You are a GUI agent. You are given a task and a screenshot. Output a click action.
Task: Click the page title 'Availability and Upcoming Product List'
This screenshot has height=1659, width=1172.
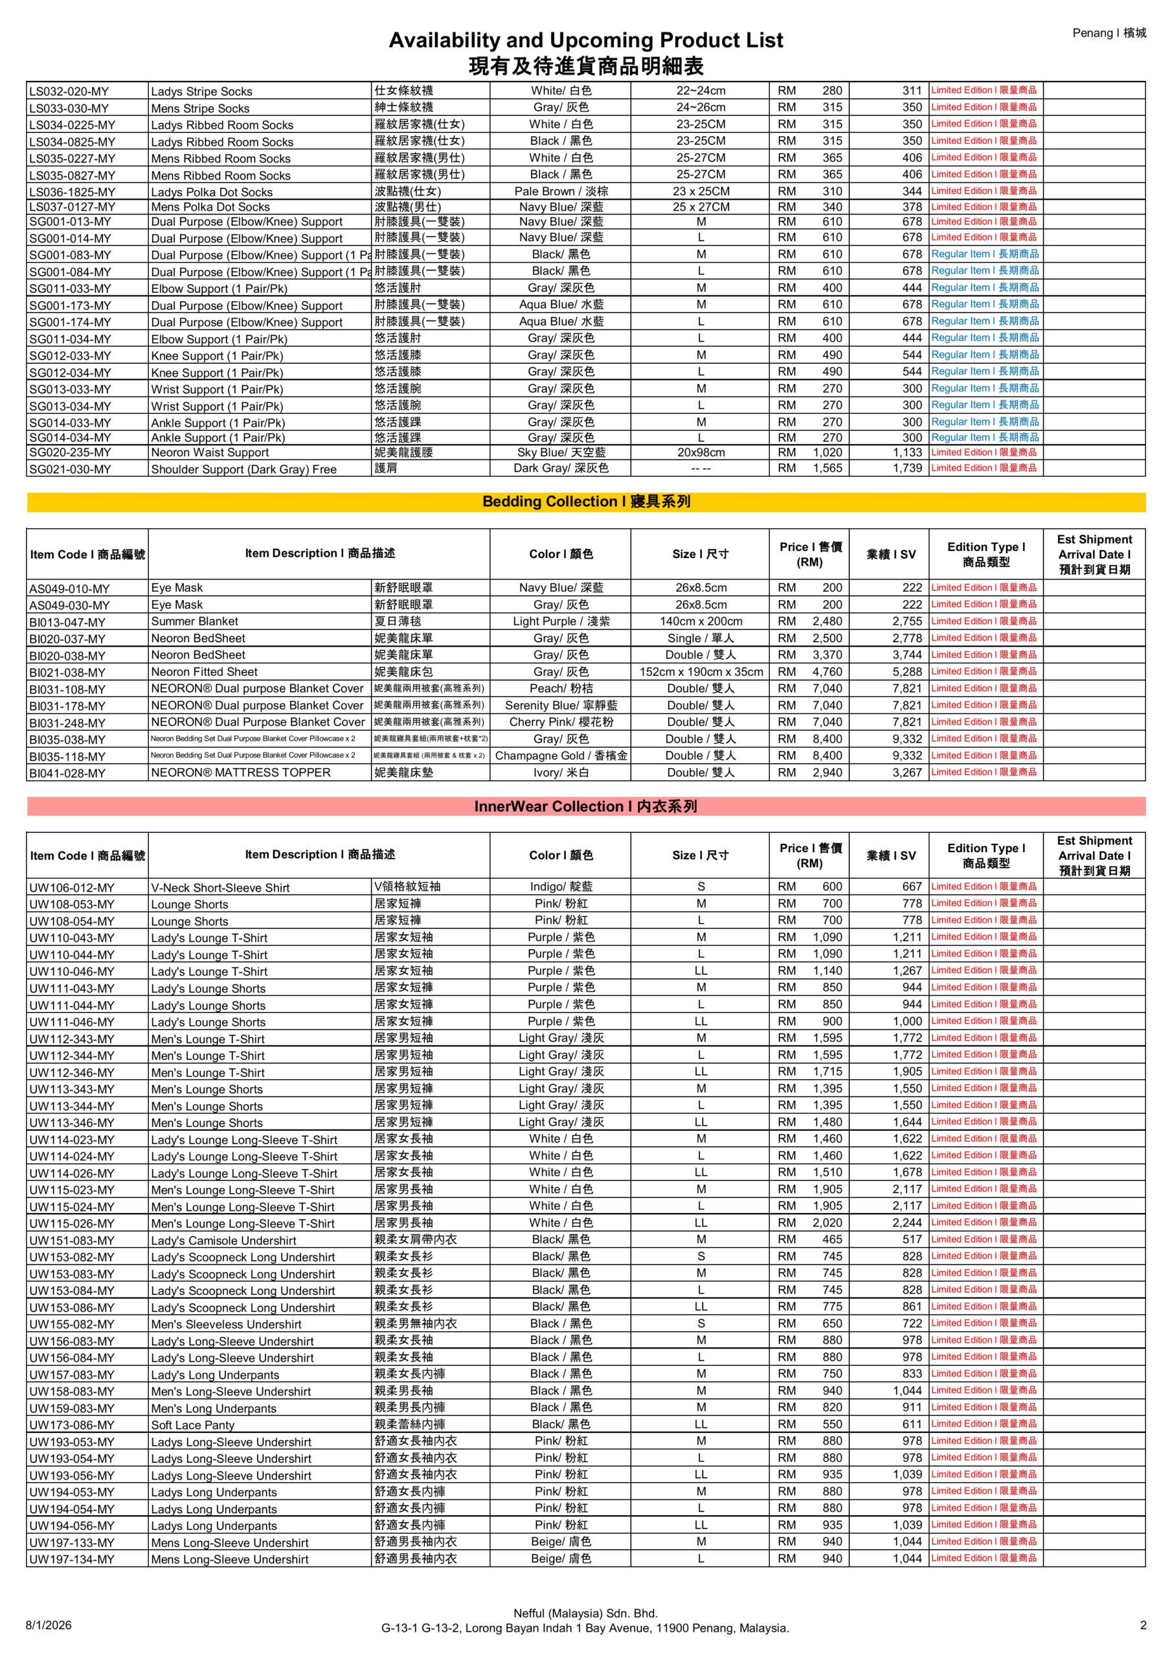[585, 40]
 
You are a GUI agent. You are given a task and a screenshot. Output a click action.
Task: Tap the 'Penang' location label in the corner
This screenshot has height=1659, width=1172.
[1109, 32]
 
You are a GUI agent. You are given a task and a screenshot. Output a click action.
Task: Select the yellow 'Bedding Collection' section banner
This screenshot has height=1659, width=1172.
[585, 502]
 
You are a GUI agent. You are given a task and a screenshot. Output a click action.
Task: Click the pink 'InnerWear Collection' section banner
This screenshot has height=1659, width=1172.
[585, 806]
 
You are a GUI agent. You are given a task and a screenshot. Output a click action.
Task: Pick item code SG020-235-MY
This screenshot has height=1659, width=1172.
[70, 453]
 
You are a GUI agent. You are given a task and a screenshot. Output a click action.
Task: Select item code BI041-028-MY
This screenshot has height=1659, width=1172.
[67, 773]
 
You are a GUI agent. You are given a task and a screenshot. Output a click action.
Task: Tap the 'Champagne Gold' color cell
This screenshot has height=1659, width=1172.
[561, 756]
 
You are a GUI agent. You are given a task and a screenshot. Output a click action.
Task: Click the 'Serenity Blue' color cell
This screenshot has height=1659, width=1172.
[561, 706]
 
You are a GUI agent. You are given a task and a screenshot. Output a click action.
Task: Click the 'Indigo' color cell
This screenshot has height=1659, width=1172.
[561, 887]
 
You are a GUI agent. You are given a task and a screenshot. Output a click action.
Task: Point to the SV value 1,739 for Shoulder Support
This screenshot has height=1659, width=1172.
[907, 469]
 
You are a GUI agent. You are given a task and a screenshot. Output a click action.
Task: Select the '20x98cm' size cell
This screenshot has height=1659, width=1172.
[701, 453]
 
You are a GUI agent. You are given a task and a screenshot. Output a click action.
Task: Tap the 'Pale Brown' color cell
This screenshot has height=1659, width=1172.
[561, 191]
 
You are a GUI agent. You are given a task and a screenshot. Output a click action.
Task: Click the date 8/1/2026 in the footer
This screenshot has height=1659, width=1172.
[49, 1625]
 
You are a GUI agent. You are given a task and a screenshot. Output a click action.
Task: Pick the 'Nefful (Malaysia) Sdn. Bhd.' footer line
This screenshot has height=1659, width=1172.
[585, 1613]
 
